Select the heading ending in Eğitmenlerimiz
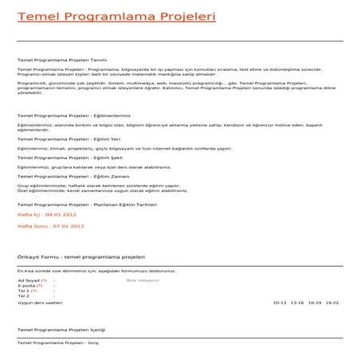(73, 116)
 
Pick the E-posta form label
(29, 285)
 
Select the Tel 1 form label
(27, 291)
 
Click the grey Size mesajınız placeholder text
(143, 280)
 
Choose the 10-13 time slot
(279, 303)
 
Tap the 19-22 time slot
(331, 303)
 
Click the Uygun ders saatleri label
(39, 303)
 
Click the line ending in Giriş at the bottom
(57, 342)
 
